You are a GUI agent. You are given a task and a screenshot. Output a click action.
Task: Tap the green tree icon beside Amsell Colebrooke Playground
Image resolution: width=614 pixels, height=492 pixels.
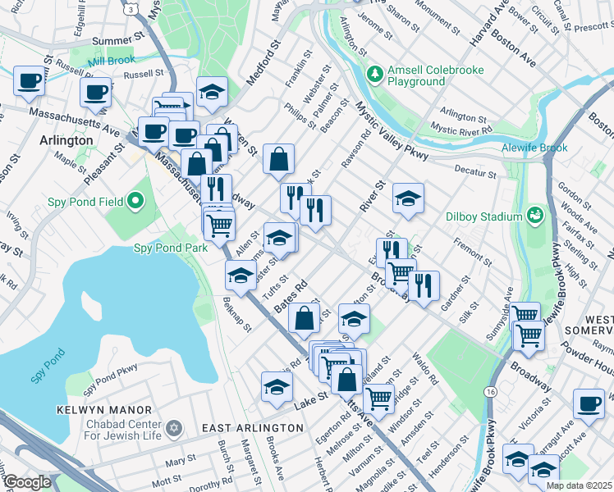(x=375, y=75)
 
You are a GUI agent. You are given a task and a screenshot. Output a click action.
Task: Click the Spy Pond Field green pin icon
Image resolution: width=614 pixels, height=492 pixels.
(x=135, y=200)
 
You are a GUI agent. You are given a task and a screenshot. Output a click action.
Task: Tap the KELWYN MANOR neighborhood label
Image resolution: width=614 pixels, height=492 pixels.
(x=103, y=409)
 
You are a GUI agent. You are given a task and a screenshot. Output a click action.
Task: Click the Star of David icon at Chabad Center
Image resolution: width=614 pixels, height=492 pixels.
(x=172, y=429)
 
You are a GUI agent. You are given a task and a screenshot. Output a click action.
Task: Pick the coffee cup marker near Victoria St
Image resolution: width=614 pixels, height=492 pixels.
(x=589, y=403)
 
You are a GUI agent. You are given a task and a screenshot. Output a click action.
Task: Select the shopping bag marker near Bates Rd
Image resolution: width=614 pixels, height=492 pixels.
(x=304, y=319)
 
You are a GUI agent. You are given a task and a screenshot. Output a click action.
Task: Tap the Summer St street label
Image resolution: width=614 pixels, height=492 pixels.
(x=117, y=41)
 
